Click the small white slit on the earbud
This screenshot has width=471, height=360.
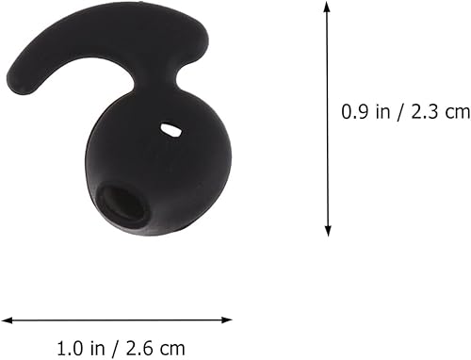[x=171, y=130]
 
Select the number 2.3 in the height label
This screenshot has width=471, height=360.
[x=415, y=111]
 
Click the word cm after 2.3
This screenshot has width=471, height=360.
[x=455, y=111]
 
